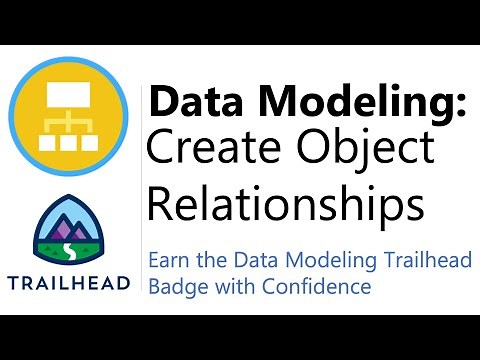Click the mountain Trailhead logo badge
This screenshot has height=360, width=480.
click(x=69, y=232)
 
